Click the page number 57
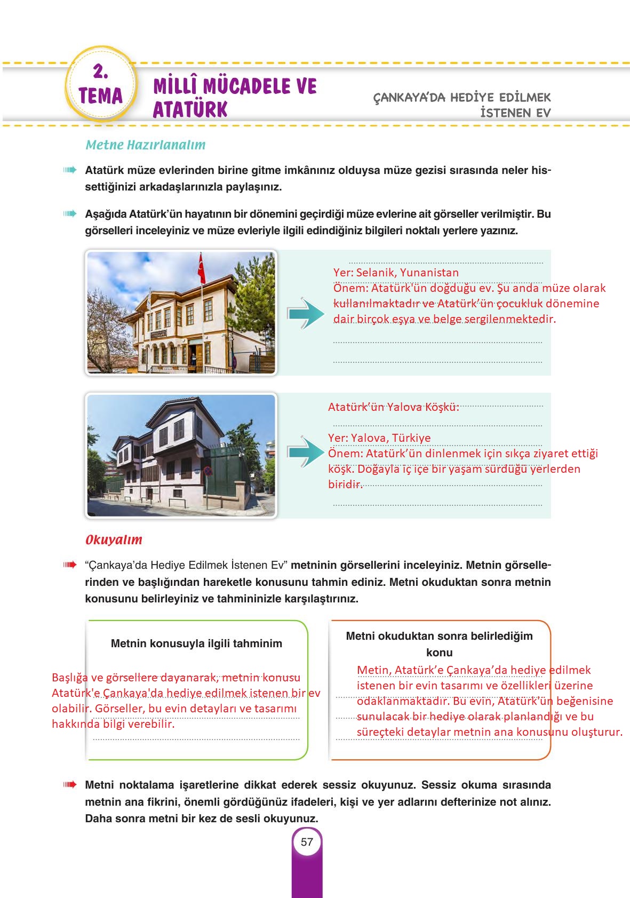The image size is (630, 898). point(307,842)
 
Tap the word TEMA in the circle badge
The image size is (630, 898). point(100,96)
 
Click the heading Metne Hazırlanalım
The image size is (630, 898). point(145,145)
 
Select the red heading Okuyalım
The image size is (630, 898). point(114,539)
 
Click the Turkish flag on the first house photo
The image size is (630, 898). point(202,269)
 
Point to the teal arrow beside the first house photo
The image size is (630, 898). point(305,314)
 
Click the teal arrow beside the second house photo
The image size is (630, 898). point(306,452)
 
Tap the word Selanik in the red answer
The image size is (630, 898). point(373,273)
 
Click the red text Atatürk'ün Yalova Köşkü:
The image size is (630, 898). point(393,407)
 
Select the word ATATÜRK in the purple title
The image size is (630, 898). point(190,109)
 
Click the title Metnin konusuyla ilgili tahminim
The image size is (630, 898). point(196,643)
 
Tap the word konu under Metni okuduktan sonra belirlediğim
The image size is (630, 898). point(439,652)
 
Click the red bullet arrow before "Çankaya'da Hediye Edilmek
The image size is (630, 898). point(69,565)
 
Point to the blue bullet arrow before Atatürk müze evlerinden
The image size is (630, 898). point(69,171)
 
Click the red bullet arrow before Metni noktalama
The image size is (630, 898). point(69,785)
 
